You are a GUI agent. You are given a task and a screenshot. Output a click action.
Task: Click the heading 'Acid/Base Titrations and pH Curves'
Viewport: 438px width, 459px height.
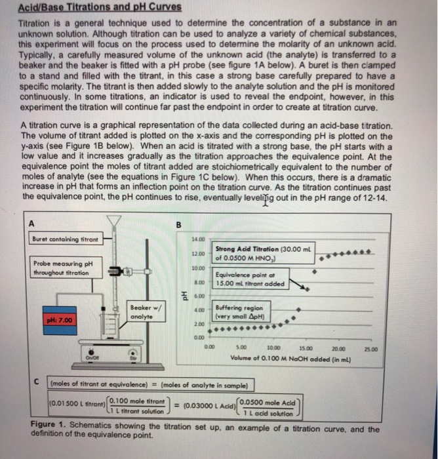pyautogui.click(x=91, y=9)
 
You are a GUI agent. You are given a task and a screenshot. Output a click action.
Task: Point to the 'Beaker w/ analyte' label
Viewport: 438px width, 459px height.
pyautogui.click(x=142, y=311)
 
